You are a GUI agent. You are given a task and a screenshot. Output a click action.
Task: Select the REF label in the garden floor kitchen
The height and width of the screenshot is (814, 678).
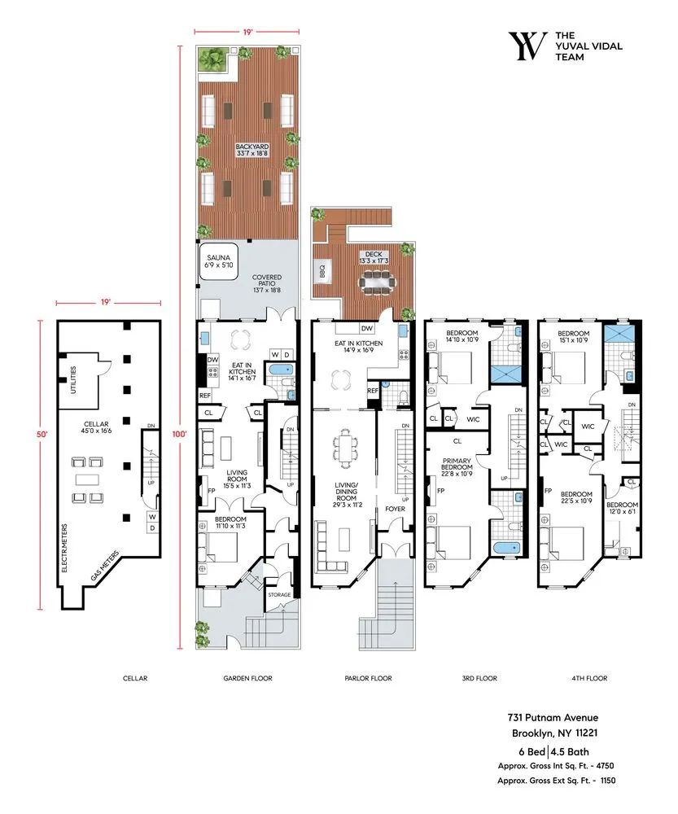[x=205, y=396]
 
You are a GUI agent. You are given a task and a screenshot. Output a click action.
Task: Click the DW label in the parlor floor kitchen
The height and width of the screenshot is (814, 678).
[x=367, y=328]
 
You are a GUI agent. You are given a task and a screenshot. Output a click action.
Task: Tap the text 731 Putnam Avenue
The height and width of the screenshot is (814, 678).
[x=553, y=717]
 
